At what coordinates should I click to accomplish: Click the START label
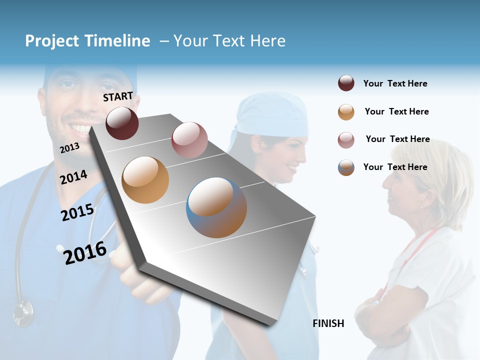tap(118, 96)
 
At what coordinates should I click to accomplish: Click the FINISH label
tap(328, 323)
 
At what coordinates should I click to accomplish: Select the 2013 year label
tap(69, 148)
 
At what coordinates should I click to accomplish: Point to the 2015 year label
tap(77, 212)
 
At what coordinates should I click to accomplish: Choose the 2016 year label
tap(85, 253)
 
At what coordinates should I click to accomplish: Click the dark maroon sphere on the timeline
tap(122, 123)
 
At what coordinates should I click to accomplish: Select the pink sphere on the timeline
tap(189, 139)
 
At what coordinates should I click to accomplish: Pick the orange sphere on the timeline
tap(145, 180)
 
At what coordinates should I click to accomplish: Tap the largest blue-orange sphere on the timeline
tap(216, 207)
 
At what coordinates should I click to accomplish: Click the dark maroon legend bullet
tap(346, 83)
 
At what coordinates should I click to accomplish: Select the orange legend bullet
tap(346, 112)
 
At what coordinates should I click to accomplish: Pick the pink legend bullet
tap(346, 140)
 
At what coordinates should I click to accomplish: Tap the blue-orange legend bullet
tap(346, 167)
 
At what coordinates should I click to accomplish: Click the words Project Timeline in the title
tap(87, 41)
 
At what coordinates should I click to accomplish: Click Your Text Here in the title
tap(229, 41)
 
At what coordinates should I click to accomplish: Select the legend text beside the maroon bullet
tap(395, 83)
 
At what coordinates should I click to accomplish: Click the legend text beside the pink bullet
tap(397, 139)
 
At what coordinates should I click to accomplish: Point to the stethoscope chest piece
tap(22, 313)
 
